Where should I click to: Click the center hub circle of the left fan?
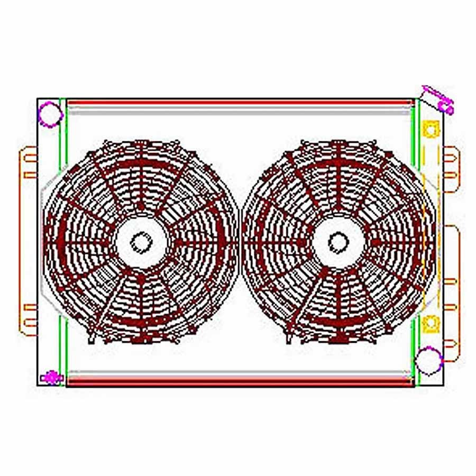tap(141, 242)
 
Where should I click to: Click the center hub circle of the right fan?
tap(338, 242)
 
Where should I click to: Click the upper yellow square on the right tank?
tap(431, 129)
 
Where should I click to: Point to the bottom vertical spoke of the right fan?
tap(338, 307)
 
